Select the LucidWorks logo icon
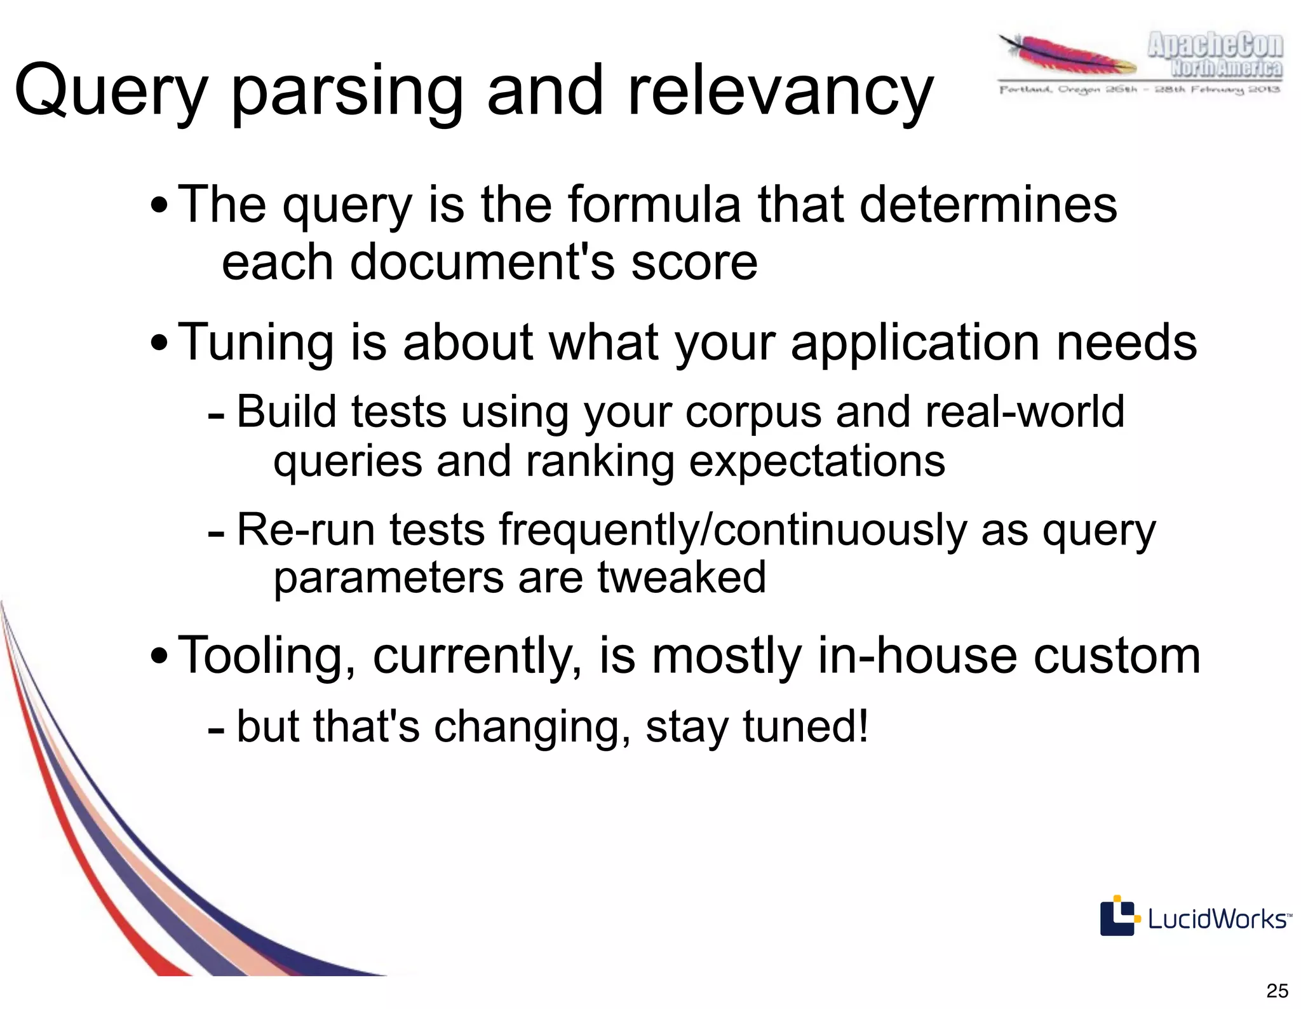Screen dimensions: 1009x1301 click(x=1117, y=916)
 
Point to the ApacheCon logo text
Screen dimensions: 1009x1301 click(x=1215, y=55)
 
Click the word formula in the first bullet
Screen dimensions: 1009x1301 click(x=654, y=205)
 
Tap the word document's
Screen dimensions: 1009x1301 click(x=482, y=262)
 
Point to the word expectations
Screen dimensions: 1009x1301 click(x=816, y=461)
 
